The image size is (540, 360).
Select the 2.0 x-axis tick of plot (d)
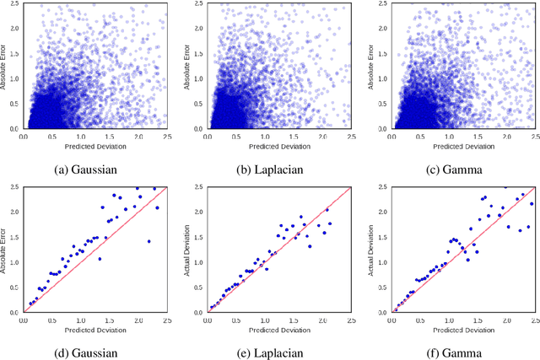click(138, 320)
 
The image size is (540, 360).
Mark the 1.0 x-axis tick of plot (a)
click(80, 136)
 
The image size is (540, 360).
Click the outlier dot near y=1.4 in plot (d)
click(148, 241)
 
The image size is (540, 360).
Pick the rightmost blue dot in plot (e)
click(330, 223)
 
